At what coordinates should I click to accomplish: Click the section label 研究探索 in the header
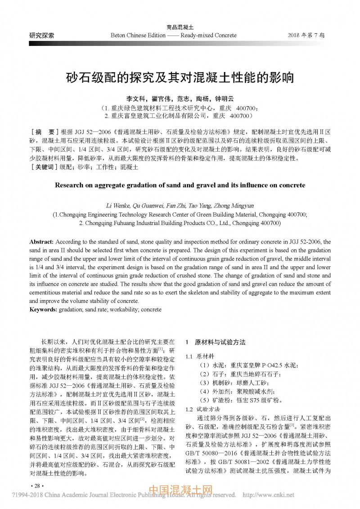point(42,35)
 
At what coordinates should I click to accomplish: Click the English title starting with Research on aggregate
point(180,185)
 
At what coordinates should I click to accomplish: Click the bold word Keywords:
point(43,310)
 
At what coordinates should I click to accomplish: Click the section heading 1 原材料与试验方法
point(216,342)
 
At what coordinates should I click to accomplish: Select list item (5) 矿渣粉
point(241,400)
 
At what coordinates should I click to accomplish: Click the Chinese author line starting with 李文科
point(180,99)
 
